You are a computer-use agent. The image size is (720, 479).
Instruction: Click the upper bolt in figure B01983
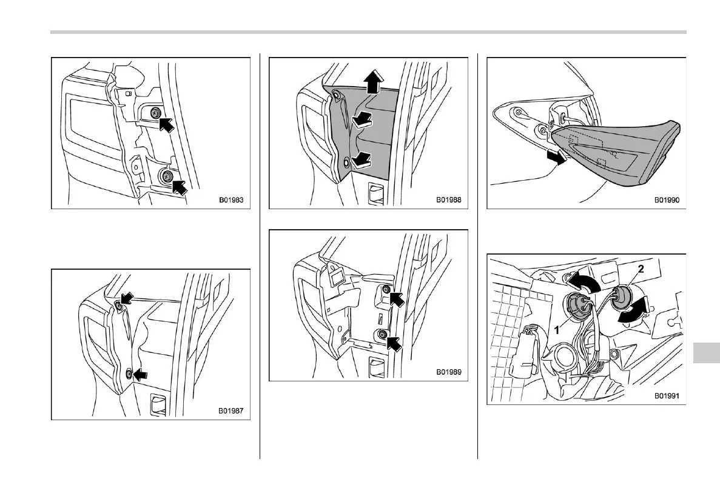[156, 112]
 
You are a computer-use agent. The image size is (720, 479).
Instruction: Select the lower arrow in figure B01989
[394, 343]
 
